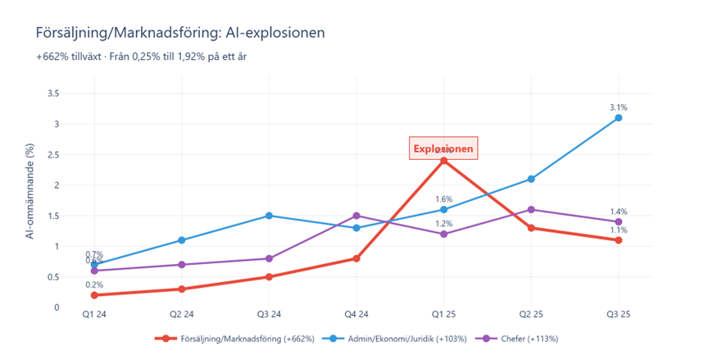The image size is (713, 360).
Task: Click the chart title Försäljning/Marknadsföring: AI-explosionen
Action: pyautogui.click(x=180, y=33)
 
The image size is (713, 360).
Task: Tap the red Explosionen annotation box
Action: pyautogui.click(x=443, y=148)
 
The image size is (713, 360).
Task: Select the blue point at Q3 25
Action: pyautogui.click(x=619, y=118)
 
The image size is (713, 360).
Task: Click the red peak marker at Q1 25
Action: pyautogui.click(x=443, y=161)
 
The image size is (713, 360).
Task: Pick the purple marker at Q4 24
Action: pyautogui.click(x=356, y=216)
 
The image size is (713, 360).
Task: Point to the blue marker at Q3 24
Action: pyautogui.click(x=269, y=216)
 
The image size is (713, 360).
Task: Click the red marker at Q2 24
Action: pyautogui.click(x=181, y=289)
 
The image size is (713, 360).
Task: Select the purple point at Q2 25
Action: pyautogui.click(x=531, y=209)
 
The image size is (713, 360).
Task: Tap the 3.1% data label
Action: pyautogui.click(x=619, y=107)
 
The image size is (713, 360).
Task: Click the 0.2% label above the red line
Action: pyautogui.click(x=94, y=284)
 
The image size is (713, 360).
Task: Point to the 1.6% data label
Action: pyautogui.click(x=443, y=198)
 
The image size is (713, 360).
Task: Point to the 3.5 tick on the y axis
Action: pyautogui.click(x=75, y=93)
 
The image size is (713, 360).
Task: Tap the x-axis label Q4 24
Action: pyautogui.click(x=356, y=314)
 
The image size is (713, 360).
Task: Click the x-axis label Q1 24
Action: pyautogui.click(x=94, y=314)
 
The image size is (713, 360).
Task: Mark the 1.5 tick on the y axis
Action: pyautogui.click(x=75, y=216)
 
